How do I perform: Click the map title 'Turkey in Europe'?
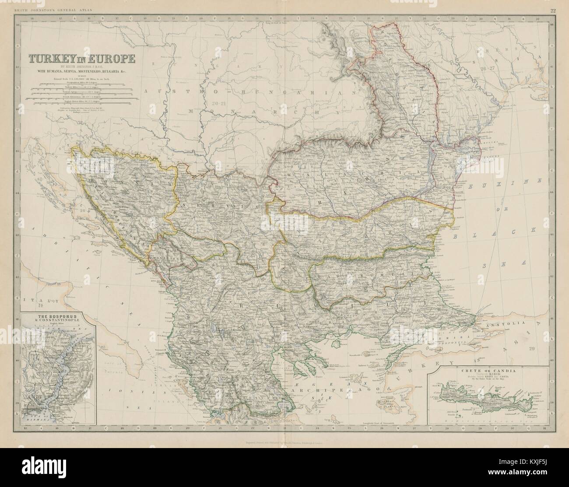pyautogui.click(x=82, y=58)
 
